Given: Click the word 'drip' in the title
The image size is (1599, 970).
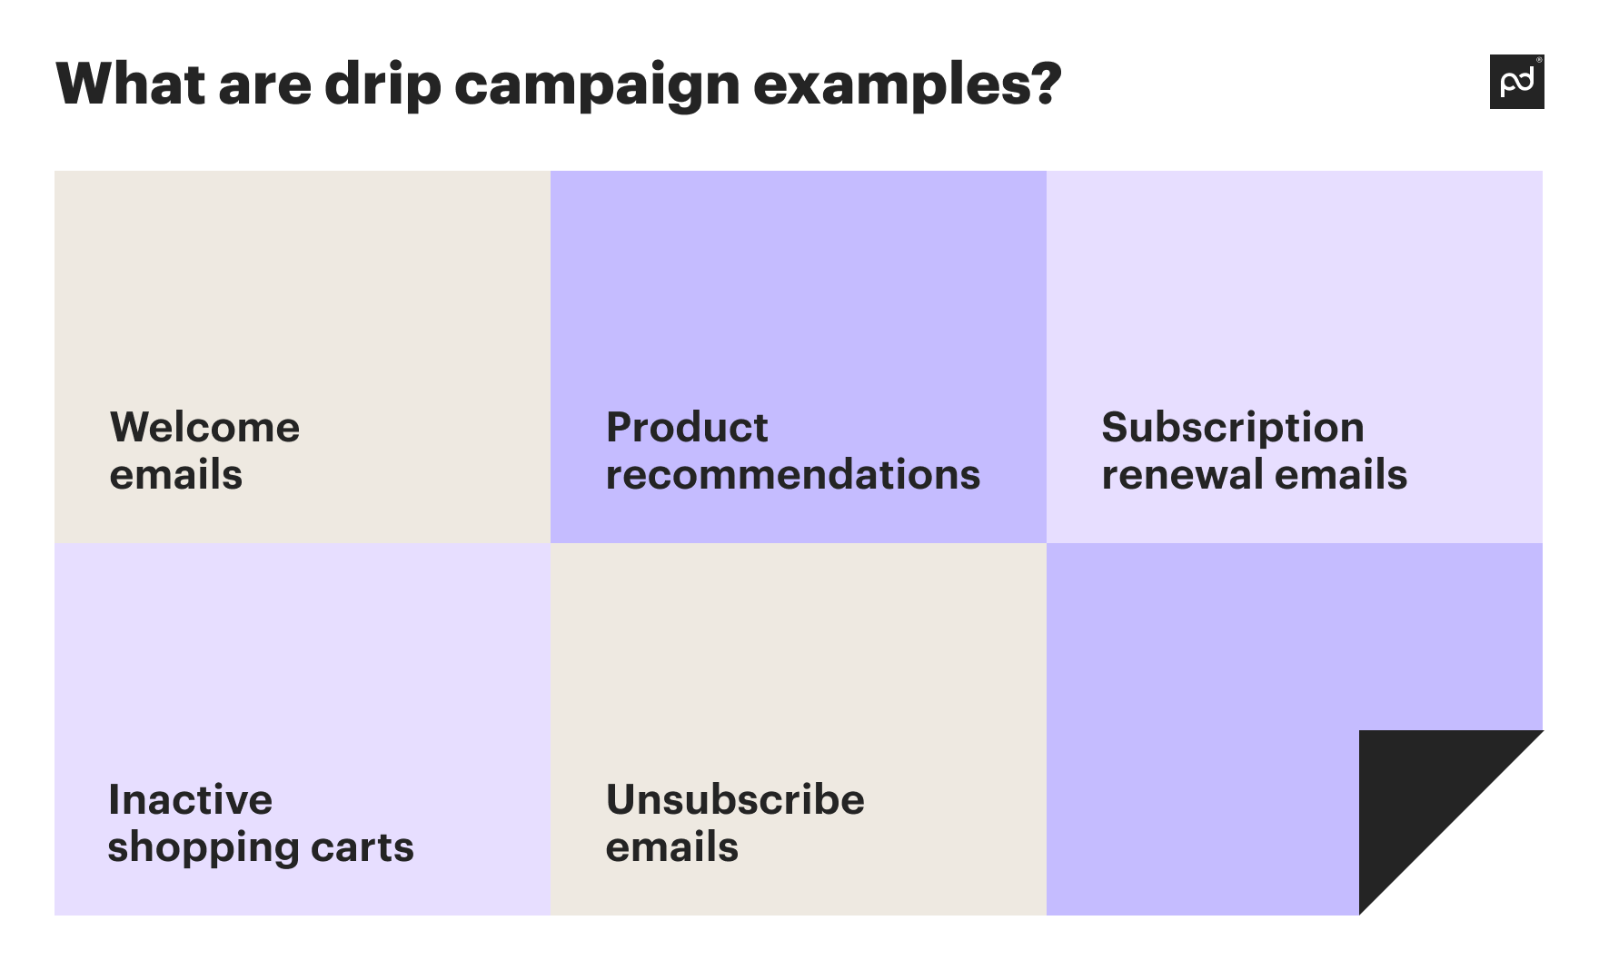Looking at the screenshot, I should click(382, 84).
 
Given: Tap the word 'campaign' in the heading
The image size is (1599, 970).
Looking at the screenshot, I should click(597, 84).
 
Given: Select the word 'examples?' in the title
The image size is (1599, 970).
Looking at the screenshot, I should click(907, 84).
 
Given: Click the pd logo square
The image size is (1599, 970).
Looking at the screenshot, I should click(1516, 82).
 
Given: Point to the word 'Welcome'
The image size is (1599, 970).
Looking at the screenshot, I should click(204, 427).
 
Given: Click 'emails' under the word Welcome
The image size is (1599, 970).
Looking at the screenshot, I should click(175, 474).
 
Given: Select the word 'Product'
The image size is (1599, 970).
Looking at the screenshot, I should click(687, 427).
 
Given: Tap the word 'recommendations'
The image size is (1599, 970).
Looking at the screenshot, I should click(792, 474).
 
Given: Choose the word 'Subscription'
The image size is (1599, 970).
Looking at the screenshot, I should click(1232, 427).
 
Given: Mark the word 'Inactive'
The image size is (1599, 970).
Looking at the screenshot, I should click(190, 799).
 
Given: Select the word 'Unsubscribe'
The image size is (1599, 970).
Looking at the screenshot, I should click(734, 799).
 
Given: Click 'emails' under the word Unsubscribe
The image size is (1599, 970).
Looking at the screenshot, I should click(671, 847).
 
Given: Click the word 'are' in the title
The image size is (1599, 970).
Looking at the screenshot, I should click(264, 84).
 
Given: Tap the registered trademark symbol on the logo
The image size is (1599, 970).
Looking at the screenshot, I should click(1538, 60).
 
